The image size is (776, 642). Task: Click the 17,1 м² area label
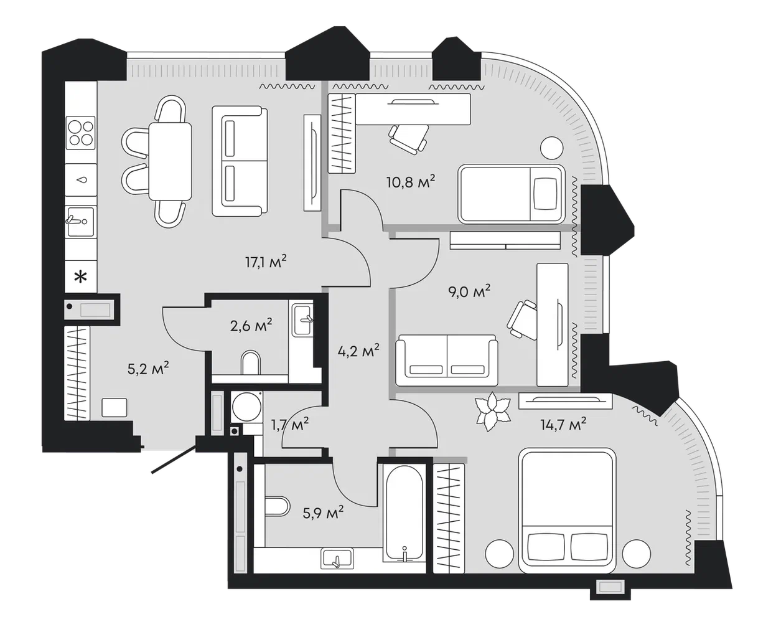pyautogui.click(x=266, y=262)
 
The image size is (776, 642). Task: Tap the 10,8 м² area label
pyautogui.click(x=411, y=182)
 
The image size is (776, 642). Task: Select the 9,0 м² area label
pyautogui.click(x=469, y=291)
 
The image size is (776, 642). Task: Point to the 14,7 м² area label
pyautogui.click(x=563, y=424)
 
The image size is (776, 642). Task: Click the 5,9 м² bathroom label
pyautogui.click(x=323, y=513)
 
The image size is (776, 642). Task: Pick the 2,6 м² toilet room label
pyautogui.click(x=251, y=326)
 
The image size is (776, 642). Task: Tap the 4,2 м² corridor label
pyautogui.click(x=358, y=351)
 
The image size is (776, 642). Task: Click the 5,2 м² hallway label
pyautogui.click(x=148, y=369)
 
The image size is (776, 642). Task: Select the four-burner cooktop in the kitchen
pyautogui.click(x=81, y=133)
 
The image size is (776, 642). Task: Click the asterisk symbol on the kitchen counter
pyautogui.click(x=81, y=277)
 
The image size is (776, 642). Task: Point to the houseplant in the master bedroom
pyautogui.click(x=493, y=412)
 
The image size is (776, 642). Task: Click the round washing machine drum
pyautogui.click(x=247, y=407)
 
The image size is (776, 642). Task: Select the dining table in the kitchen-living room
pyautogui.click(x=171, y=161)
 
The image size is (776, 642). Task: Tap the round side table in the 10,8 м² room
pyautogui.click(x=551, y=148)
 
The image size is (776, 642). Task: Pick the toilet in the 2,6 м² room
pyautogui.click(x=251, y=362)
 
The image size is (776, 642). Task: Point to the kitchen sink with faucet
pyautogui.click(x=81, y=222)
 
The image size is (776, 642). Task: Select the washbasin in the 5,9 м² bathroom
pyautogui.click(x=337, y=559)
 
